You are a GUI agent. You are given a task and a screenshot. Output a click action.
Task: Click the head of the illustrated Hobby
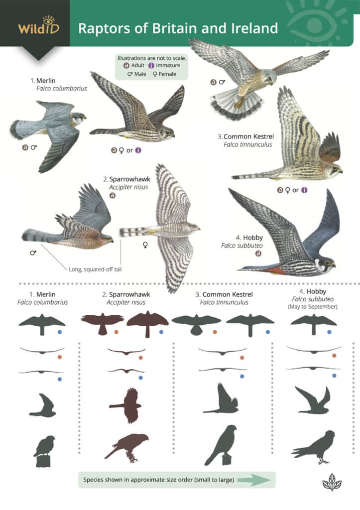(x=326, y=263)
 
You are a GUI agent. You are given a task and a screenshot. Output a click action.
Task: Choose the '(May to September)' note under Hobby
(x=313, y=307)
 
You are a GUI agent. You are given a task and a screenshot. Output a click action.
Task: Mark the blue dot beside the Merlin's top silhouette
(x=60, y=331)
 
